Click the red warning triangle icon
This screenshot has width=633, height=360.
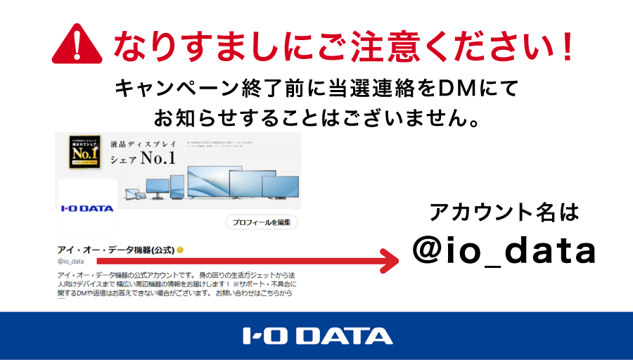[79, 46]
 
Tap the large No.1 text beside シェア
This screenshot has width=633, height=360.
[158, 159]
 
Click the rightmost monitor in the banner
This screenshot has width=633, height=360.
[280, 187]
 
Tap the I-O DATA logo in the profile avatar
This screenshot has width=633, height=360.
[87, 209]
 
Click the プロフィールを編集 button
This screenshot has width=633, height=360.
[262, 222]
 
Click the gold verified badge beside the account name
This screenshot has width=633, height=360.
[181, 250]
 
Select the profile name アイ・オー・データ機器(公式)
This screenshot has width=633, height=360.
[115, 250]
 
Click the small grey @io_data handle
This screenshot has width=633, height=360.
[71, 262]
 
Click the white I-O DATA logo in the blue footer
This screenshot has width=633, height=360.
[316, 336]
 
